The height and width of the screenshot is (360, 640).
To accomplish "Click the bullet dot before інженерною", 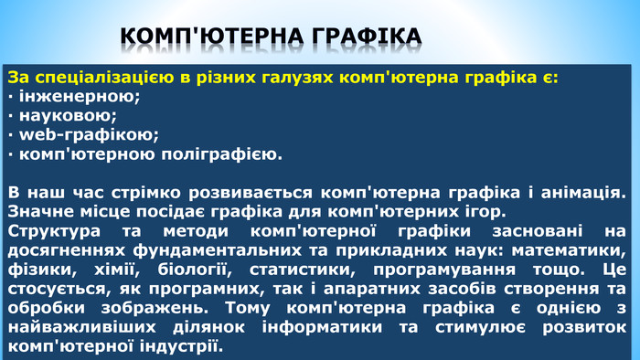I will click(x=9, y=96).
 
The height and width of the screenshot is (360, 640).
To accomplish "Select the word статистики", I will click(x=297, y=270).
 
